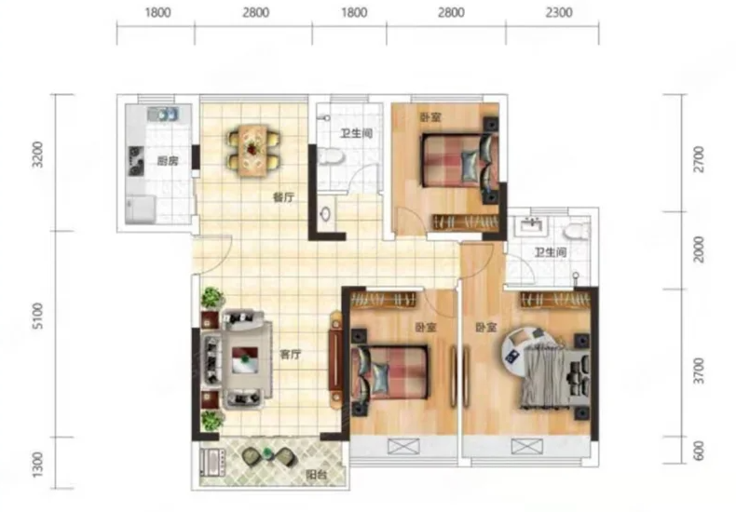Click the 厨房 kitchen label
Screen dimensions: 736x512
168,162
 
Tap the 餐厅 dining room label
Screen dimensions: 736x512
284,197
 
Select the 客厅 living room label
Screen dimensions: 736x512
290,355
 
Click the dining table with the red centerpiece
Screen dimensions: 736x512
254,150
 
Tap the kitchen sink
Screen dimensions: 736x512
162,114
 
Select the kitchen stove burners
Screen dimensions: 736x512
137,161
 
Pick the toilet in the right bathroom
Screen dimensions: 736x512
576,231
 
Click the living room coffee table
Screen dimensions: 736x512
245,359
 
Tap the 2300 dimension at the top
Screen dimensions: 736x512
559,12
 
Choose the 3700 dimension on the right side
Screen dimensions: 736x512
700,371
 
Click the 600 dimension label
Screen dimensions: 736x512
700,451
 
